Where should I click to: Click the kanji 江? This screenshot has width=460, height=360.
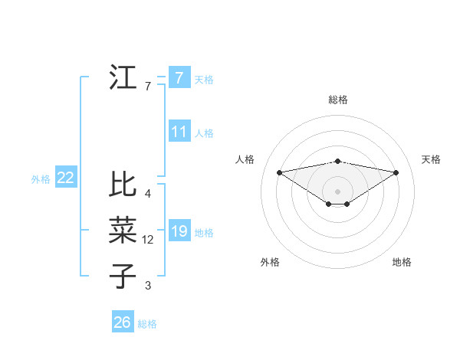pos(123,78)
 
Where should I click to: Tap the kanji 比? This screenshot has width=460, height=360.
pos(123,185)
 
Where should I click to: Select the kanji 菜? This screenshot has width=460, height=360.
pos(123,231)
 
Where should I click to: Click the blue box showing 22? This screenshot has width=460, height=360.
pos(66,178)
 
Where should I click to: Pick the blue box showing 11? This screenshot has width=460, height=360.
pos(179,132)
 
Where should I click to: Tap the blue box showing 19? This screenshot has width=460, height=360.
pos(179,231)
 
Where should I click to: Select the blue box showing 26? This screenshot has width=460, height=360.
pos(122,322)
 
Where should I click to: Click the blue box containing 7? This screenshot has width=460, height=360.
pos(179,77)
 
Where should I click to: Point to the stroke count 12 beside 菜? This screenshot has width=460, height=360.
pos(148,240)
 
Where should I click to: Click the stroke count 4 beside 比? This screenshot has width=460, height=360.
pos(147,194)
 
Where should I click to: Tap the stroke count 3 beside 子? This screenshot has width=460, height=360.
pos(147,286)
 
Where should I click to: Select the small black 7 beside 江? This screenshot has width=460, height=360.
pos(147,87)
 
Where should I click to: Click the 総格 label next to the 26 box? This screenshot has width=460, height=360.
pos(147,324)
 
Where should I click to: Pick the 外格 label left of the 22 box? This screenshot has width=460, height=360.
pos(41,179)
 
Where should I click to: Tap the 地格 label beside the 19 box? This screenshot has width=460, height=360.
pos(204,233)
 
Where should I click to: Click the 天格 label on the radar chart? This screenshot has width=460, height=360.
pos(431,159)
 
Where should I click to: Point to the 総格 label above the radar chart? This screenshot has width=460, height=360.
pos(337,100)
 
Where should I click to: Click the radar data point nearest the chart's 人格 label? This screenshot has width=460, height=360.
pos(279,172)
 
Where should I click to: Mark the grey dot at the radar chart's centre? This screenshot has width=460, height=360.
pos(337,190)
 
